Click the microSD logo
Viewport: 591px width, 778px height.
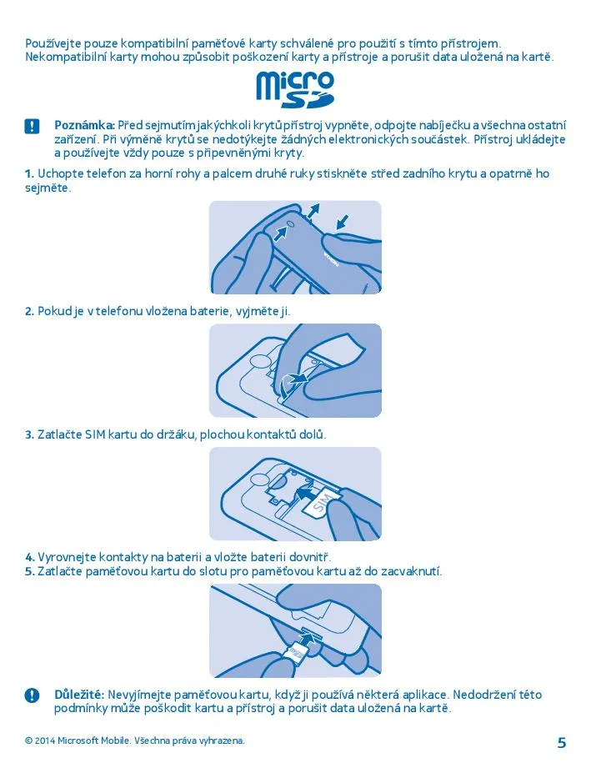[x=295, y=89]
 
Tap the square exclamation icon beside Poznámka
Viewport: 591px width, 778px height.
[x=32, y=126]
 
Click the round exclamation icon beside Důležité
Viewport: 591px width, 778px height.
[x=32, y=695]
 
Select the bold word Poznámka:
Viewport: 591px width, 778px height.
[x=85, y=125]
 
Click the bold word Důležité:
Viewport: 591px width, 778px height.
[x=79, y=694]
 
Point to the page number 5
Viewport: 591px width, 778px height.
[x=561, y=743]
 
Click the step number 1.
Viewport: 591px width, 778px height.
[x=29, y=173]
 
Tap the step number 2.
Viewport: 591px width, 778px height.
[x=29, y=311]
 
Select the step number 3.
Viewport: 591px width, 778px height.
[x=29, y=434]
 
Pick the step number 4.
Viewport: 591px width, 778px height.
[x=29, y=557]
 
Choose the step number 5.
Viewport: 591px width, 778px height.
[x=29, y=571]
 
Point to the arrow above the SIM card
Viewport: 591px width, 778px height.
[x=306, y=492]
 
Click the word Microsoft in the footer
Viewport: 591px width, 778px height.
[x=78, y=740]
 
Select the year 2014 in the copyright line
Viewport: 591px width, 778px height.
[x=45, y=740]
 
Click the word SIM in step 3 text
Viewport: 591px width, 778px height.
[x=95, y=434]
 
